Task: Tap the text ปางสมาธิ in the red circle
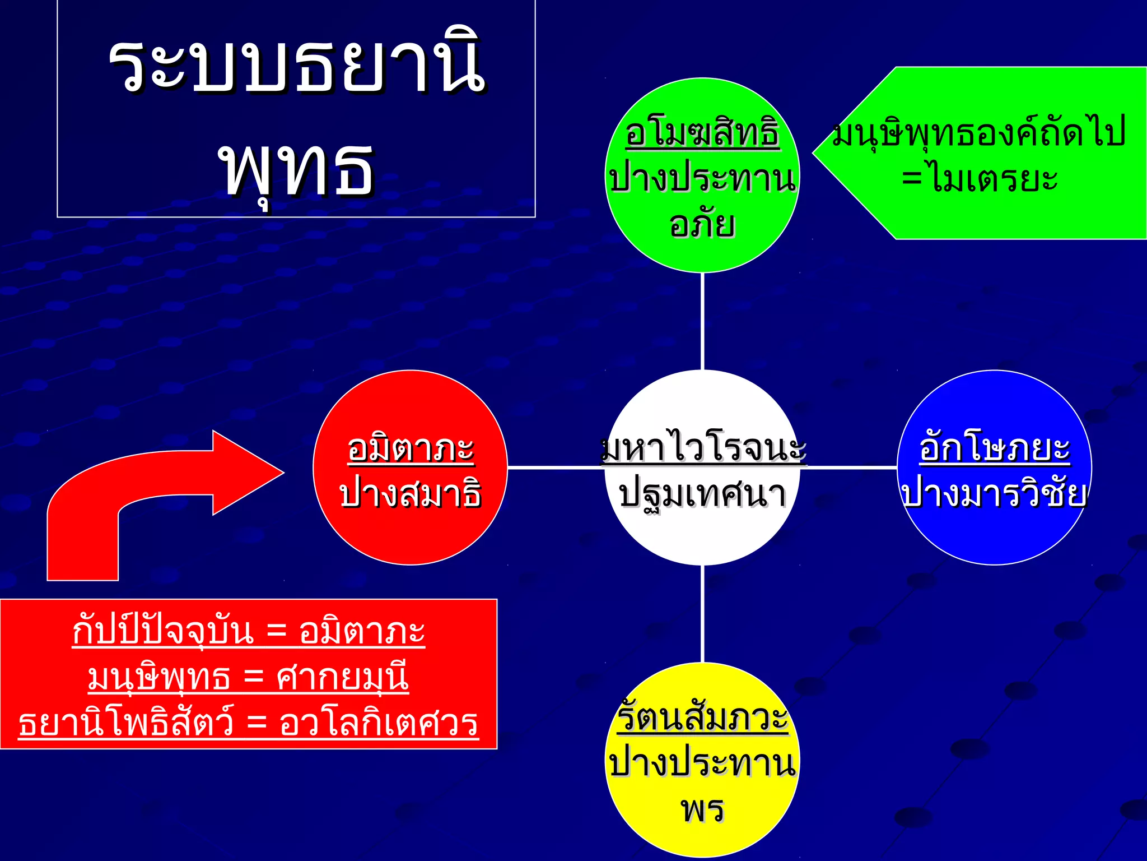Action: click(x=411, y=494)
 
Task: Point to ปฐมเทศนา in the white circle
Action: click(x=702, y=494)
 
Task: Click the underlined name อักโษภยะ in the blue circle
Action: click(x=995, y=449)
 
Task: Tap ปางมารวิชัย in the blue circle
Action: click(x=995, y=494)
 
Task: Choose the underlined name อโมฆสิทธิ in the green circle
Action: click(x=702, y=133)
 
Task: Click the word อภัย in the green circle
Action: click(x=702, y=224)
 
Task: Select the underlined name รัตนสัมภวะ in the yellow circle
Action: click(x=702, y=718)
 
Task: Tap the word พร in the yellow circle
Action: click(x=702, y=809)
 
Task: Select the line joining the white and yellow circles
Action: click(x=702, y=614)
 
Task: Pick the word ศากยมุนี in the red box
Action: click(x=342, y=678)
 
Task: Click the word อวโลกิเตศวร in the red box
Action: click(x=379, y=723)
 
